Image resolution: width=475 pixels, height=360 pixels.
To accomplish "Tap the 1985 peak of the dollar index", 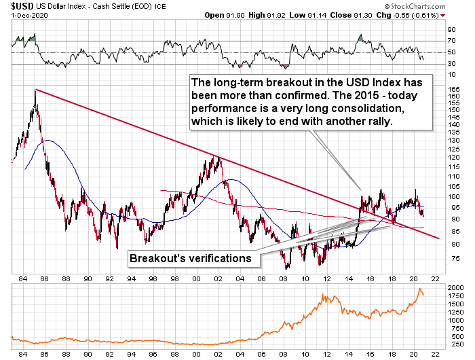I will (x=35, y=90).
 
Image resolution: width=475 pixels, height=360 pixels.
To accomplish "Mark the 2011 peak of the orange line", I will (x=324, y=295).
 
